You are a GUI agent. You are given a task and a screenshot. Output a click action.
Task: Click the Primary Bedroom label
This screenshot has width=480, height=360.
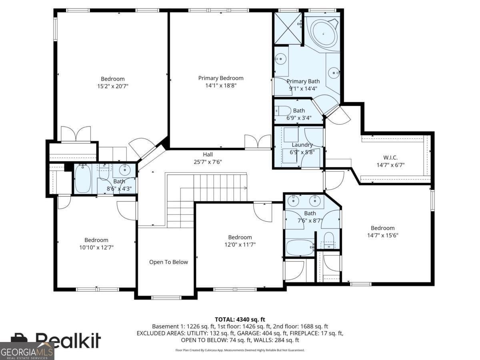(220, 78)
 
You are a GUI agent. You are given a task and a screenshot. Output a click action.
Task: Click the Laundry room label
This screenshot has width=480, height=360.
(302, 145)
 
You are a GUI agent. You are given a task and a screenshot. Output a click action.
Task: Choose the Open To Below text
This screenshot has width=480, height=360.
(168, 262)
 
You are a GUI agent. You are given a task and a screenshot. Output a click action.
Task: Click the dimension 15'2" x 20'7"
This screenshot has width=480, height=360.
(112, 86)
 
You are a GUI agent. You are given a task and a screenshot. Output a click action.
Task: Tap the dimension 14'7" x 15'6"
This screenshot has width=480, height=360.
(382, 235)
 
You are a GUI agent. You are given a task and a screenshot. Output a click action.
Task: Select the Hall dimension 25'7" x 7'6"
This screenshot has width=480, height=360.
(208, 162)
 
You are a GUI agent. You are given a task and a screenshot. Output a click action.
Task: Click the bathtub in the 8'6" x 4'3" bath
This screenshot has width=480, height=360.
(83, 179)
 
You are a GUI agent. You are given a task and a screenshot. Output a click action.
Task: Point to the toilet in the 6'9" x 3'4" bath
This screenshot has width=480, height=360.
(283, 111)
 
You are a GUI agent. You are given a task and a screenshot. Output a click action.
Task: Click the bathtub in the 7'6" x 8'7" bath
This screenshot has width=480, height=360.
(300, 247)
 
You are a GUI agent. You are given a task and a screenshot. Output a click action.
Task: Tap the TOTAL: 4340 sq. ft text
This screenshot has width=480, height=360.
(240, 319)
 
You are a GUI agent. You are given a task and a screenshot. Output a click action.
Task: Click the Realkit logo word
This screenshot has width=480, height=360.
(68, 340)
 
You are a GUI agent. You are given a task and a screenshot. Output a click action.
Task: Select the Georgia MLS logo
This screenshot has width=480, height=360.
(27, 352)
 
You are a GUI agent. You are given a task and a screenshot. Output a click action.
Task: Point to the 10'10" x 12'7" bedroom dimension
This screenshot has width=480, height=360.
(96, 247)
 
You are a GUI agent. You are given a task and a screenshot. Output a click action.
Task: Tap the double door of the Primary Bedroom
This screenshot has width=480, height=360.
(258, 141)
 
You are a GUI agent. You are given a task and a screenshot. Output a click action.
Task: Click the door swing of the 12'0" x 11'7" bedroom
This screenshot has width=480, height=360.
(263, 212)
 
